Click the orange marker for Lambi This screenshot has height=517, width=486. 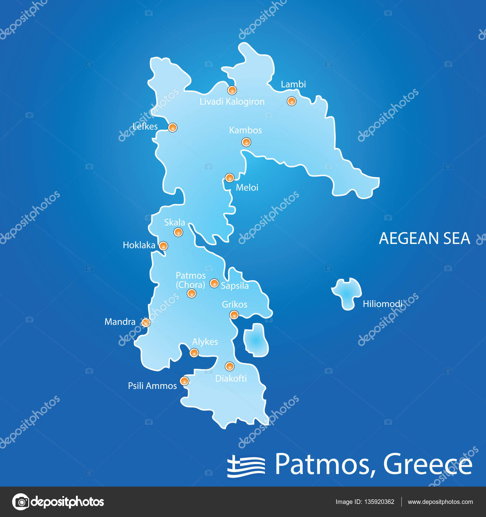click(291, 101)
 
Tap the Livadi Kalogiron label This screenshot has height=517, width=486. click(232, 102)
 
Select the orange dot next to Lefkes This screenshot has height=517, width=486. click(172, 127)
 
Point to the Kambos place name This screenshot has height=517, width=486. click(245, 130)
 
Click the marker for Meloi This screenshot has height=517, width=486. click(229, 178)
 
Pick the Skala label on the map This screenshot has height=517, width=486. click(174, 222)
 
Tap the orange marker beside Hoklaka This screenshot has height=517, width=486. click(163, 246)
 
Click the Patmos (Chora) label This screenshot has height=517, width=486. click(190, 280)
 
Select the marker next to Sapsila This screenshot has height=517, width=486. click(214, 283)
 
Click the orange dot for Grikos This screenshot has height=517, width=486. click(234, 314)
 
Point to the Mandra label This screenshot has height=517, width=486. click(120, 322)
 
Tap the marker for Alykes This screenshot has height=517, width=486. click(194, 353)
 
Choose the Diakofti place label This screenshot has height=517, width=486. click(231, 379)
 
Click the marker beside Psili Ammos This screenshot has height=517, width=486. click(184, 381)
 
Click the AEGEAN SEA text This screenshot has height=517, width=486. click(424, 238)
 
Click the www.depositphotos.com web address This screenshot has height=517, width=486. click(440, 502)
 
